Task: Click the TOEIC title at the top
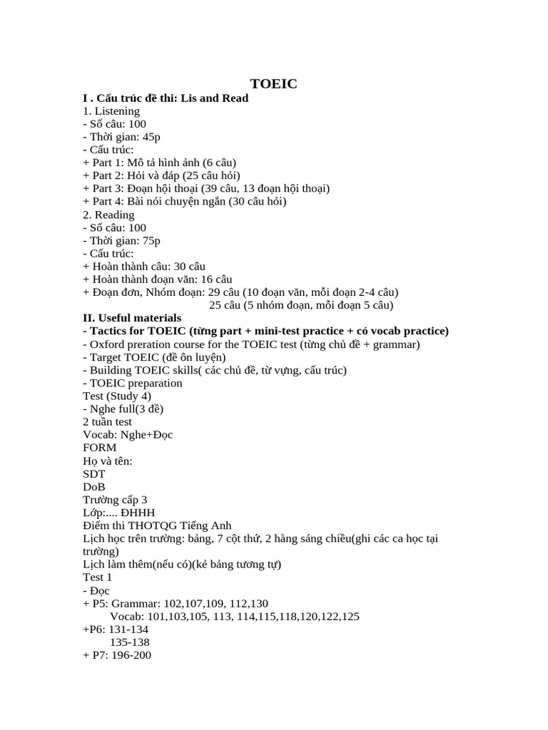[273, 84]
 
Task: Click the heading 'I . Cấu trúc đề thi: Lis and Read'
[166, 98]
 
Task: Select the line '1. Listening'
[111, 110]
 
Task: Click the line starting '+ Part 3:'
[206, 188]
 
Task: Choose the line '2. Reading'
[108, 215]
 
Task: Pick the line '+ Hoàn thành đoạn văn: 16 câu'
[158, 279]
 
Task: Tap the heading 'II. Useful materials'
[132, 318]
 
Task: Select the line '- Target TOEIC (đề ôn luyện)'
[154, 357]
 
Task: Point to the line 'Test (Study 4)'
[117, 396]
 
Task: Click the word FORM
[100, 448]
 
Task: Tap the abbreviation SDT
[94, 473]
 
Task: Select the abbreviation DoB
[94, 486]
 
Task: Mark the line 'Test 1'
[98, 577]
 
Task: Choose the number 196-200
[128, 655]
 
